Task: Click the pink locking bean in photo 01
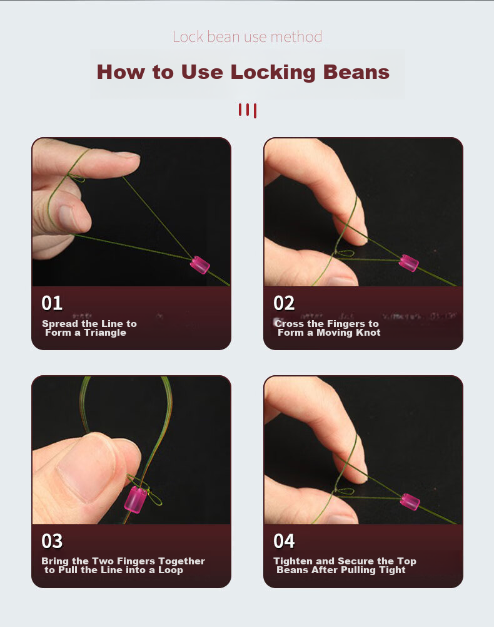(x=199, y=265)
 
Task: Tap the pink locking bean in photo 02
(x=408, y=262)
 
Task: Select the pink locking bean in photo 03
(x=136, y=499)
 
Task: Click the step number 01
(x=52, y=303)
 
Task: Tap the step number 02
(x=284, y=303)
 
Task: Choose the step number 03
(x=52, y=541)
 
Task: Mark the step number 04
(x=284, y=541)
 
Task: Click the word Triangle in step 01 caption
(x=105, y=333)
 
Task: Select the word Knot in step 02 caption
(x=369, y=333)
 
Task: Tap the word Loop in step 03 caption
(x=171, y=570)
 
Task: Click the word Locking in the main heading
(x=273, y=73)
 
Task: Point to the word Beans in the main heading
(x=356, y=73)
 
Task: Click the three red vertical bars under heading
(x=248, y=110)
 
